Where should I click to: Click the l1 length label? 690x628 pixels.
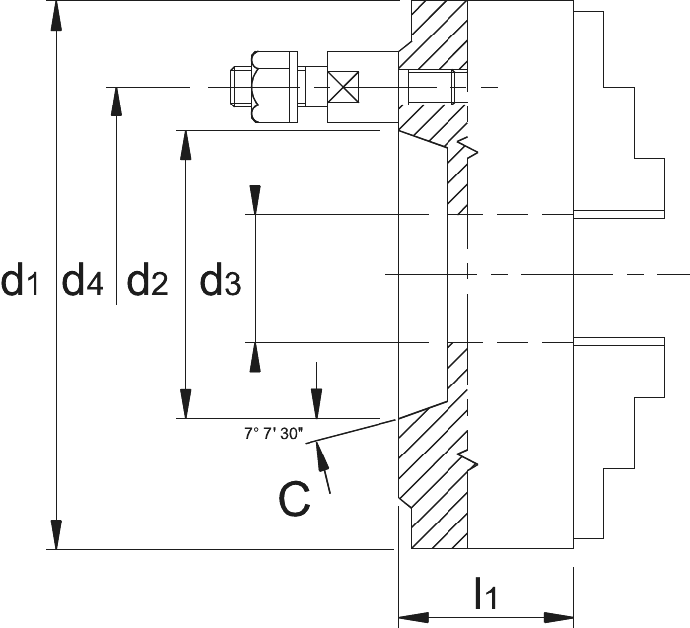(x=486, y=593)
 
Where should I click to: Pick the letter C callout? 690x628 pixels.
(x=294, y=500)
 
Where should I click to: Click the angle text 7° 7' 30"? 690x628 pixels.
(x=274, y=434)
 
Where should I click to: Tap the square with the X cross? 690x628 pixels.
(x=343, y=87)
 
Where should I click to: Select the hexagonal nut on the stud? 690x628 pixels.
(x=270, y=87)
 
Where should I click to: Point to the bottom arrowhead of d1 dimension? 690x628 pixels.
(x=56, y=534)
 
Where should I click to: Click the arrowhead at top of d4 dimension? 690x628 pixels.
(x=116, y=102)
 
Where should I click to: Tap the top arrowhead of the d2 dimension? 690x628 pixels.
(x=186, y=145)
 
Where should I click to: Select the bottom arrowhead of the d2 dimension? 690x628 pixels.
(x=186, y=403)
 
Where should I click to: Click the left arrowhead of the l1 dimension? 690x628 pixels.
(x=414, y=617)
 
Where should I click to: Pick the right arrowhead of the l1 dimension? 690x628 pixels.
(x=559, y=617)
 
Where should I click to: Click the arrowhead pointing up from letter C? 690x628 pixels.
(x=321, y=456)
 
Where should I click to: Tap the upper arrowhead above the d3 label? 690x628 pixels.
(x=255, y=200)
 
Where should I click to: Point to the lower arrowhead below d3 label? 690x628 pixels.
(x=255, y=357)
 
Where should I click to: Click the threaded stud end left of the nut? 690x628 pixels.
(x=241, y=87)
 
